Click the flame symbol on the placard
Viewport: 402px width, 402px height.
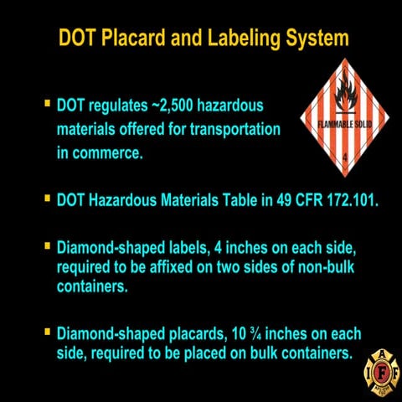coord(344,95)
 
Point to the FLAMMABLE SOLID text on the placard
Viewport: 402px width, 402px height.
coord(343,125)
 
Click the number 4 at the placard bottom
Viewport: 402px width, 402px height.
coord(343,156)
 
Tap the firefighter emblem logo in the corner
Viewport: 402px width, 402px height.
coord(381,368)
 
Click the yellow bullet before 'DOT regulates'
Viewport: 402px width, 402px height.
coord(48,105)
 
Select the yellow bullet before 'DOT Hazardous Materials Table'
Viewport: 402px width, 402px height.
coord(48,200)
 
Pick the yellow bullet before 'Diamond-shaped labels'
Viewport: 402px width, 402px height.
coord(48,247)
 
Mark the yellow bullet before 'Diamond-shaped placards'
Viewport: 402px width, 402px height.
coord(48,332)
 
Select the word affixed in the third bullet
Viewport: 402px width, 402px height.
coord(173,268)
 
